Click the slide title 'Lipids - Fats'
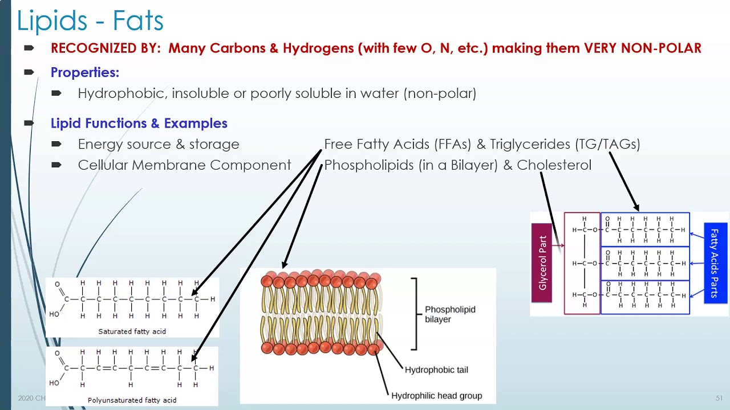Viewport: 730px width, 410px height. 90,21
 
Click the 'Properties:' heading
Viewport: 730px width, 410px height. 84,72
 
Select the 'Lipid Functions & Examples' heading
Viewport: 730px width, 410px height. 139,123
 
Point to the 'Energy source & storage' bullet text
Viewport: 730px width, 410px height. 158,144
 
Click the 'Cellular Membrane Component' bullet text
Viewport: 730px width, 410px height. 184,165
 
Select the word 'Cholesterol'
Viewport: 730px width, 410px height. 554,165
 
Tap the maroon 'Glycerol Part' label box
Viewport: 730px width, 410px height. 542,263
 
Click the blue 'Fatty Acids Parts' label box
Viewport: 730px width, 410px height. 715,263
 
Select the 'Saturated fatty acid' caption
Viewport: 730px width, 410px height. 132,331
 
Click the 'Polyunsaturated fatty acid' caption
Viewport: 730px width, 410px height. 132,400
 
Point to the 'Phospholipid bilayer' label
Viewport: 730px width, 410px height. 449,314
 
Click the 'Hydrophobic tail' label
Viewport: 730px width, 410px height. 436,370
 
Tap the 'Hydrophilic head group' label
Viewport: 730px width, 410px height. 436,396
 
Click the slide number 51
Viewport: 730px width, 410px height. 719,398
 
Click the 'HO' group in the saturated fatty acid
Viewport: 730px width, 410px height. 54,314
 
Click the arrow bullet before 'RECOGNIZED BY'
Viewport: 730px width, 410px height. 29,48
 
